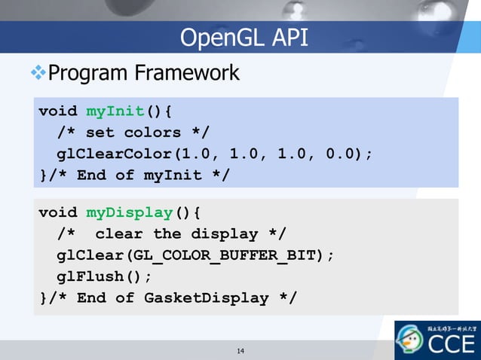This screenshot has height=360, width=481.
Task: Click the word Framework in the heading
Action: [188, 74]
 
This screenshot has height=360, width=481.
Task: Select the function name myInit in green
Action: [115, 111]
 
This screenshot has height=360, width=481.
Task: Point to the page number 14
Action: [240, 351]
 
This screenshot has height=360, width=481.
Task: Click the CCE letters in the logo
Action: [452, 345]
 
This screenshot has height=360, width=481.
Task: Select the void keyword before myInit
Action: [58, 111]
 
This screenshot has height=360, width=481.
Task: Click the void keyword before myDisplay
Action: [58, 212]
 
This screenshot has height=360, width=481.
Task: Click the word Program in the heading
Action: [88, 74]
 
